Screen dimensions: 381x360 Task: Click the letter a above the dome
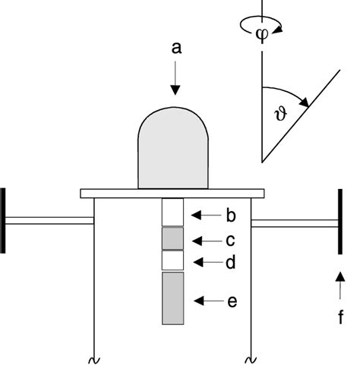(175, 48)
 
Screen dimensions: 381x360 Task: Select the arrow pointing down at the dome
(175, 80)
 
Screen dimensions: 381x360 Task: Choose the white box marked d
(173, 261)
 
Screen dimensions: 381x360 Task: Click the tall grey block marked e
(173, 298)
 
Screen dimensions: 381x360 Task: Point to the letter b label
(232, 216)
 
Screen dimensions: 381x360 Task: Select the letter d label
(232, 263)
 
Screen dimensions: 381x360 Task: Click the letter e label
(232, 302)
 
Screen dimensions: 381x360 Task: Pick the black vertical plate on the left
(5, 220)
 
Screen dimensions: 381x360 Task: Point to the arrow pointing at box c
(204, 240)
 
